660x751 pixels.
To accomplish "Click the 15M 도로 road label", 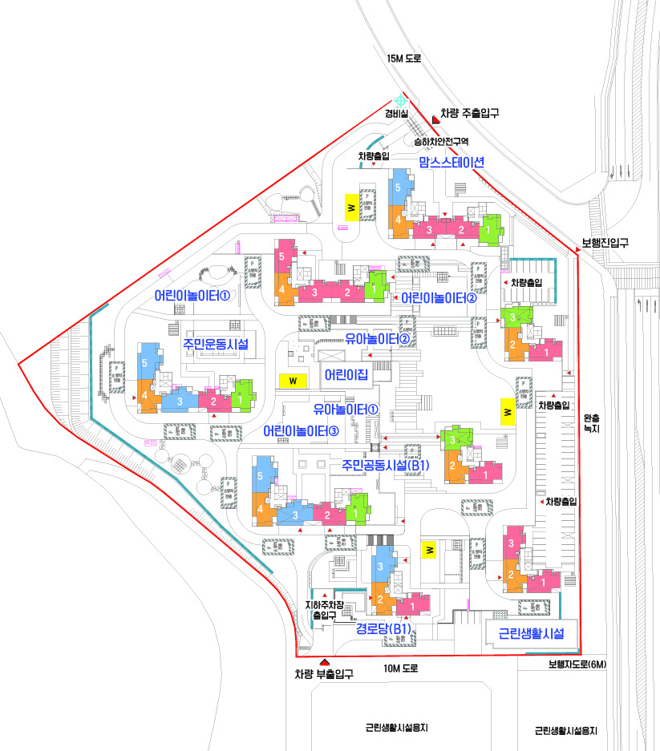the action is click(403, 59).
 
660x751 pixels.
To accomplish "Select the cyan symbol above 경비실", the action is click(399, 99).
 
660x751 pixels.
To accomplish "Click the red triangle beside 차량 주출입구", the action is click(435, 119).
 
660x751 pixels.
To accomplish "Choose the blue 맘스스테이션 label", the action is click(451, 161).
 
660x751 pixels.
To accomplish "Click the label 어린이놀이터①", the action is click(192, 296).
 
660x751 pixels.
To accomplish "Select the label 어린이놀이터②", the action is click(439, 298).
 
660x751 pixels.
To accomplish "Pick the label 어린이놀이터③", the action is click(302, 431).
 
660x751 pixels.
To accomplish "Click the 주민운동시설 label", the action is click(215, 345).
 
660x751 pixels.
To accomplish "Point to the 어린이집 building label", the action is click(346, 374).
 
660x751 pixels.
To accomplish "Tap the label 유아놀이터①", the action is click(346, 410).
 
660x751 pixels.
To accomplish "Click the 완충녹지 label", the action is click(592, 423).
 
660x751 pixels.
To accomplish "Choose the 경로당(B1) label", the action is click(384, 630).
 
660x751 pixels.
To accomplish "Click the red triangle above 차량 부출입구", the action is click(324, 661).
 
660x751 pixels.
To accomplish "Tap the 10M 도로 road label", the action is click(401, 668).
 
